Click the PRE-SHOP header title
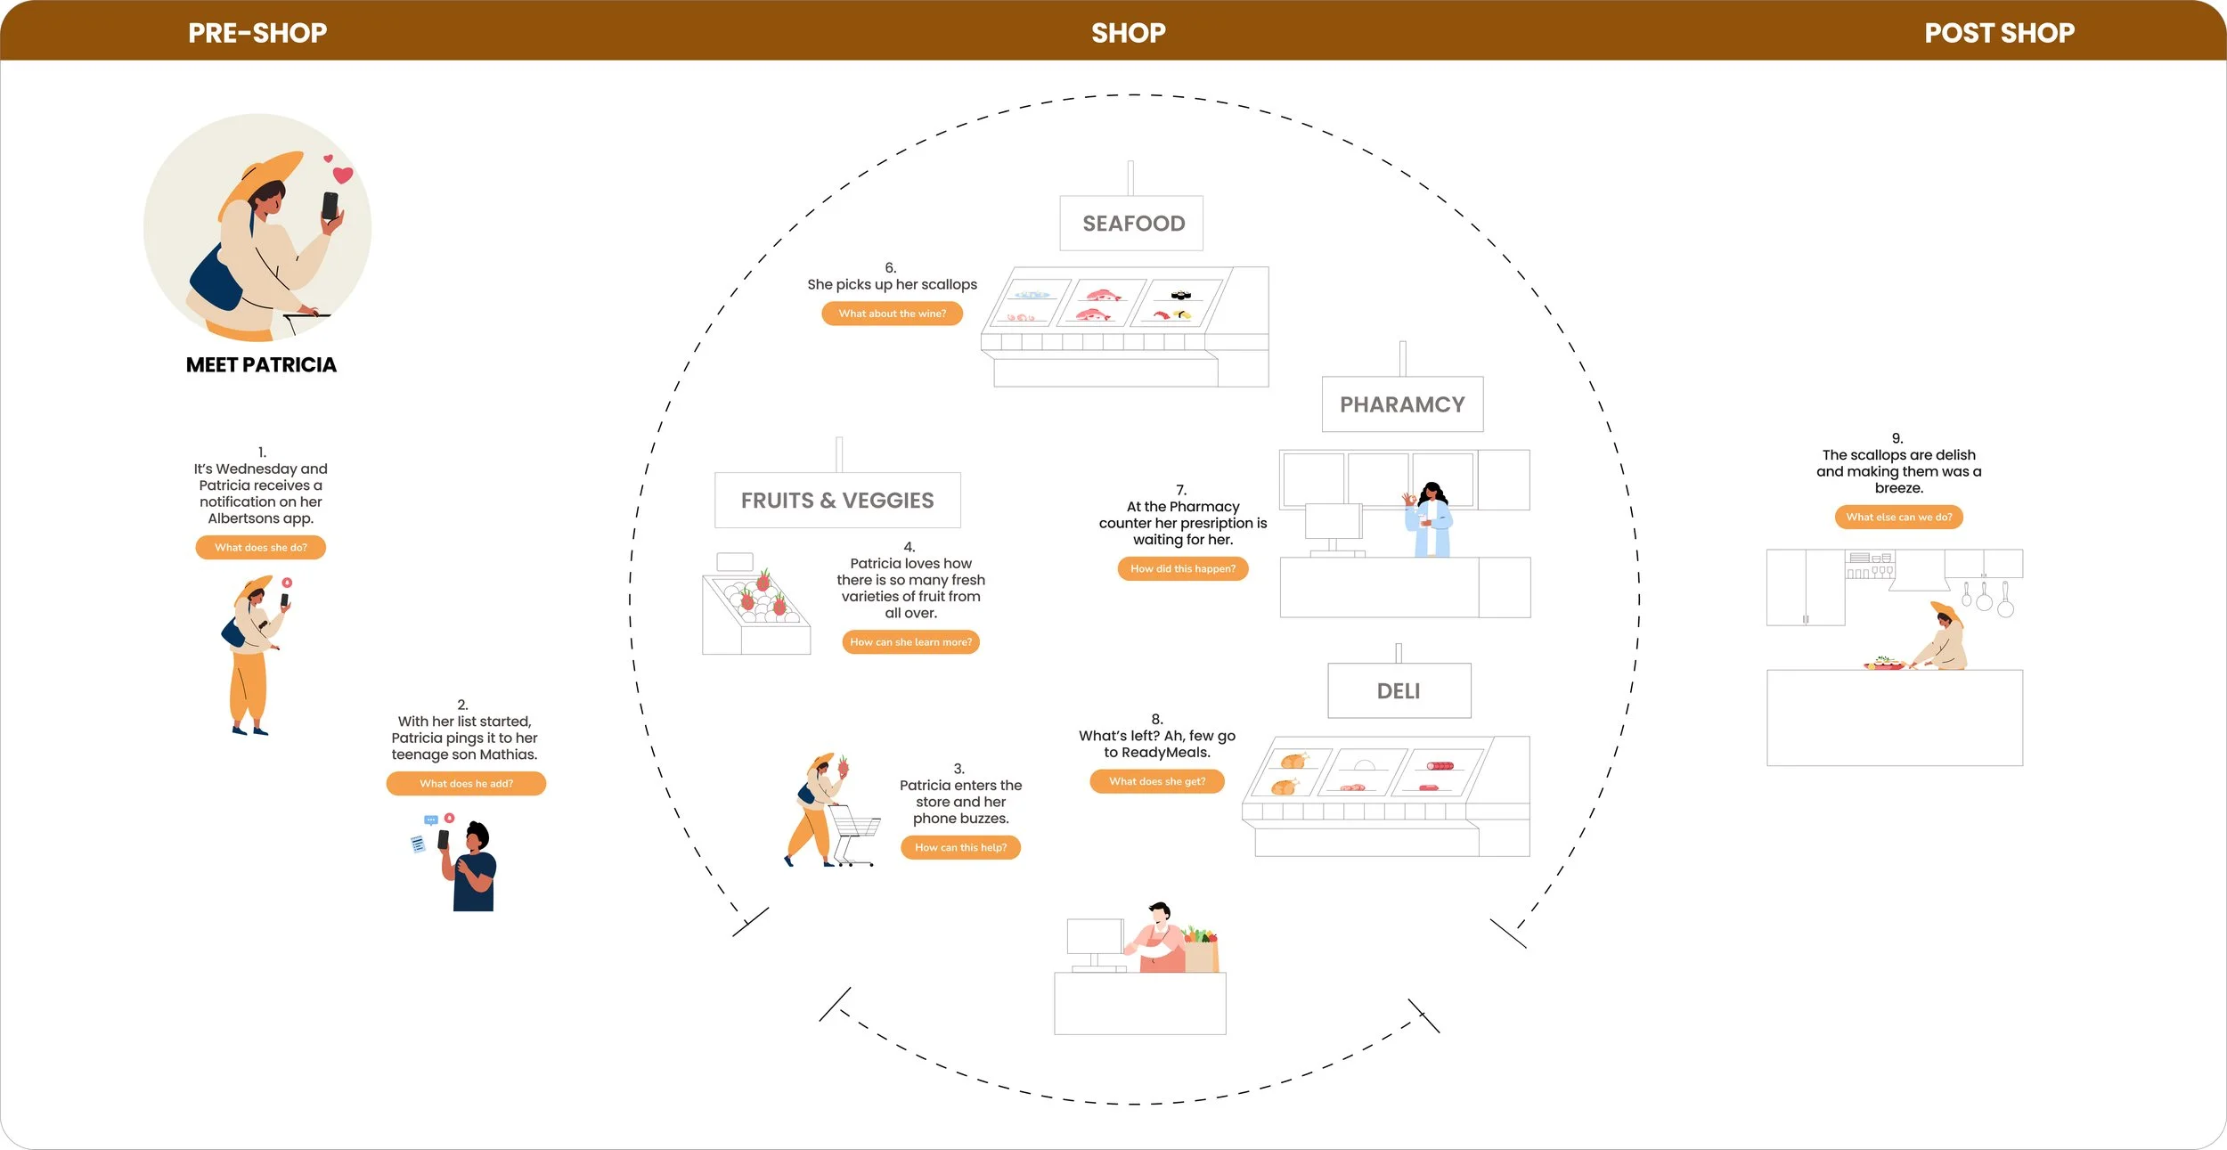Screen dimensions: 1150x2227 pyautogui.click(x=257, y=33)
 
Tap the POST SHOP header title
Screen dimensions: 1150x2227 pyautogui.click(x=1999, y=33)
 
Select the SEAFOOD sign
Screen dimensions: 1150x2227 pyautogui.click(x=1132, y=224)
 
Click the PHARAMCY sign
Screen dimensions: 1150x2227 pyautogui.click(x=1402, y=404)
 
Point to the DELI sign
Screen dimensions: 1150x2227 pyautogui.click(x=1399, y=691)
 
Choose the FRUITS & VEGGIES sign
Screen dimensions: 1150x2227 pyautogui.click(x=837, y=501)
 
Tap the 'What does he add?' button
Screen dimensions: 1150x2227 pyautogui.click(x=466, y=784)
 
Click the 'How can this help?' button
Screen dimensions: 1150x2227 pyautogui.click(x=960, y=848)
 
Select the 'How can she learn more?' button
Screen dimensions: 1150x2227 pyautogui.click(x=910, y=642)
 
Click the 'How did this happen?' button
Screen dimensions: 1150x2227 pyautogui.click(x=1183, y=569)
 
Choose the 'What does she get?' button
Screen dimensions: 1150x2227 pyautogui.click(x=1157, y=782)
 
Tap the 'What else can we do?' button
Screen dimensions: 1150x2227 pyautogui.click(x=1898, y=518)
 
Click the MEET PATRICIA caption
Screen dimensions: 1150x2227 pyautogui.click(x=261, y=365)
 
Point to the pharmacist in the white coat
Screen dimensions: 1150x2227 pyautogui.click(x=1432, y=521)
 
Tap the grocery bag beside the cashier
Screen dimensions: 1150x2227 pyautogui.click(x=1201, y=951)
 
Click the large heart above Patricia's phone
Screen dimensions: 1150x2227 pyautogui.click(x=343, y=175)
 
